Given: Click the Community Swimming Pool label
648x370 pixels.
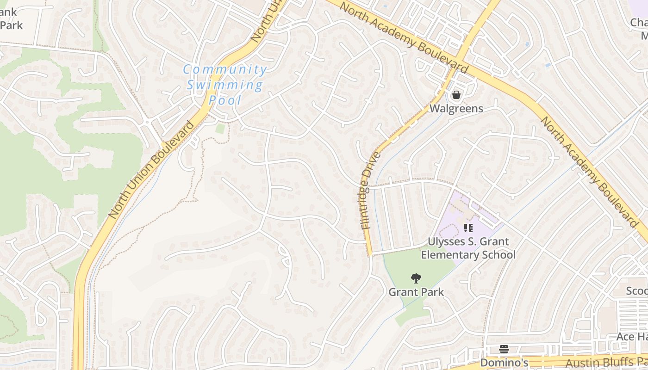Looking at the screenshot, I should pos(225,85).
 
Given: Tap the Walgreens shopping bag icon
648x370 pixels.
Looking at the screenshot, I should pos(456,95).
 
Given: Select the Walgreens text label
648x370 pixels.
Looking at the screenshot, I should pos(456,109).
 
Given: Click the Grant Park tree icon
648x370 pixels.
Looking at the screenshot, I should pos(416,278).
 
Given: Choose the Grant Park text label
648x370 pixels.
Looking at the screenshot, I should pos(416,292).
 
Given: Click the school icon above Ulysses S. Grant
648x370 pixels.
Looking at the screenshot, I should pos(468,228).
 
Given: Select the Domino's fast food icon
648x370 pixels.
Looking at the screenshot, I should pos(504,349).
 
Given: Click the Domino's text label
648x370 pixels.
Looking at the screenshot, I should pos(504,363).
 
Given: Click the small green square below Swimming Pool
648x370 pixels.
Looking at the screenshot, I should pos(220,129).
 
